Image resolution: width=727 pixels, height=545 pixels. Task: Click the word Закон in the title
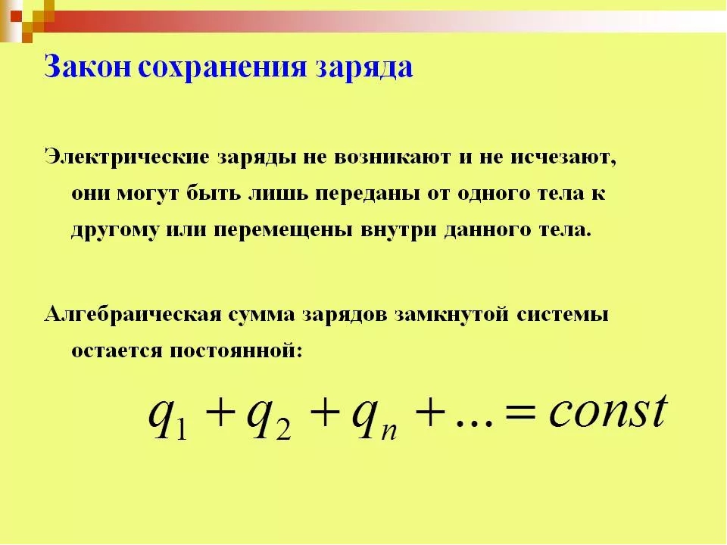[88, 67]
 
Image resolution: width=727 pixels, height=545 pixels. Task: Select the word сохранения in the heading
[223, 67]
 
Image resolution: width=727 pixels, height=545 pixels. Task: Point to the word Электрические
[127, 157]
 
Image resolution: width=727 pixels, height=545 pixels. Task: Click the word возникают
[392, 157]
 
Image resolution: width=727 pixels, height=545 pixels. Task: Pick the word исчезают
[563, 158]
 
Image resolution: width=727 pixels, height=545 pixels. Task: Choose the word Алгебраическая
[133, 315]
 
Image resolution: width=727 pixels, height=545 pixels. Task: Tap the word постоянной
[236, 351]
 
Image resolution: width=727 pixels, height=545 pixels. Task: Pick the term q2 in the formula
[269, 418]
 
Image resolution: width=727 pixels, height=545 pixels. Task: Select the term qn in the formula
[374, 418]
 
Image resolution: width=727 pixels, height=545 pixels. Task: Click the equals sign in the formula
[520, 412]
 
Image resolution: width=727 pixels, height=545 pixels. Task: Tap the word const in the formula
[608, 410]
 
